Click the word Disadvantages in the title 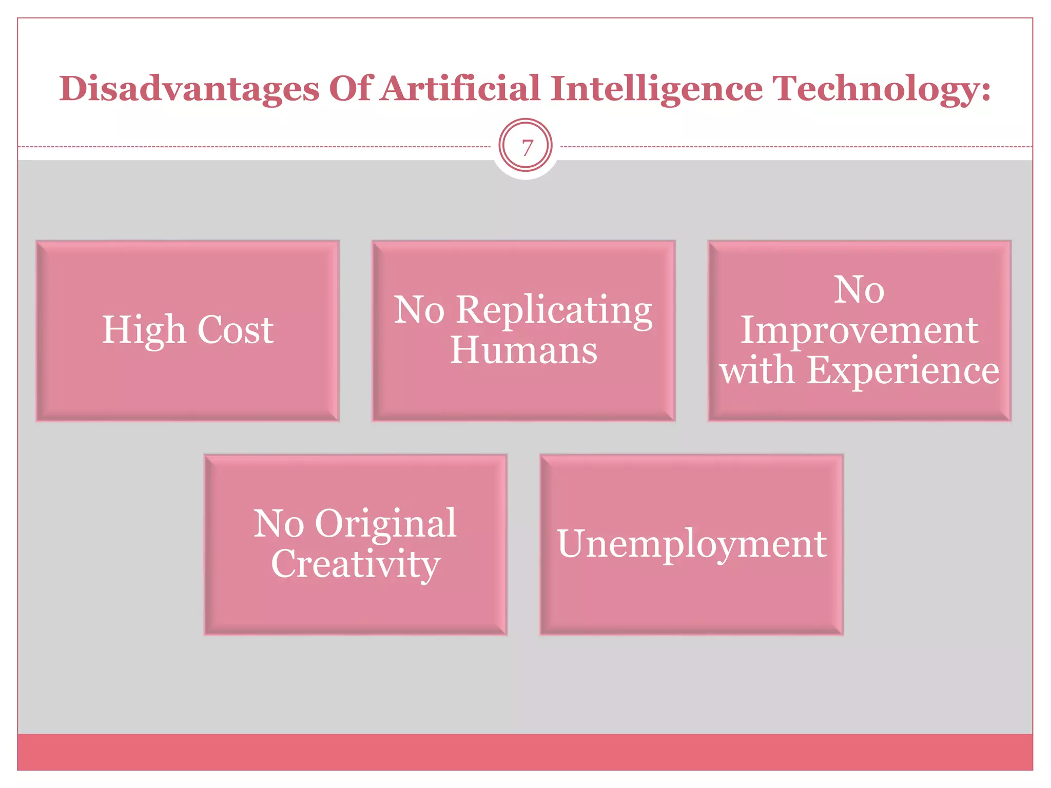pyautogui.click(x=189, y=88)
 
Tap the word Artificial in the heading pyautogui.click(x=460, y=88)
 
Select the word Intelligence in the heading pyautogui.click(x=656, y=88)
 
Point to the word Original pyautogui.click(x=385, y=523)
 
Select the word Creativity pyautogui.click(x=355, y=563)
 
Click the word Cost pyautogui.click(x=236, y=329)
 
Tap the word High pyautogui.click(x=144, y=329)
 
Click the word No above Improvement pyautogui.click(x=859, y=289)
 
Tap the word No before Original pyautogui.click(x=279, y=523)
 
